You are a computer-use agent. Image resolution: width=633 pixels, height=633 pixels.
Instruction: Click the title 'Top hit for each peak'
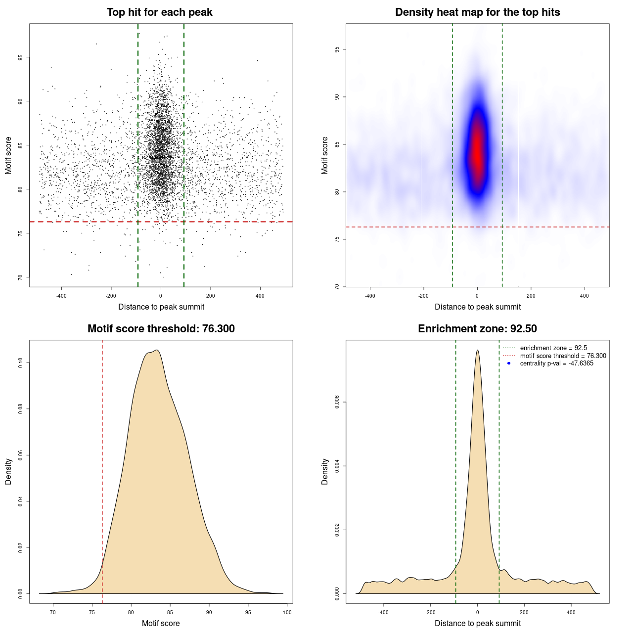pos(160,12)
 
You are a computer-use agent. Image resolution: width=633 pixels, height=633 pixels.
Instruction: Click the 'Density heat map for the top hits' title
pos(477,12)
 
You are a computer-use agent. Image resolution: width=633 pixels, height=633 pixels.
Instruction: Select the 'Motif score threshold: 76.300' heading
pos(161,329)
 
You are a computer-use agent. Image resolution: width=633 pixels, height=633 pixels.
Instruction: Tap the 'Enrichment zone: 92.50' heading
pos(477,329)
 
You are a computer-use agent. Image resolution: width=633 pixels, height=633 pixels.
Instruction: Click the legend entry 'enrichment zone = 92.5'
pos(553,348)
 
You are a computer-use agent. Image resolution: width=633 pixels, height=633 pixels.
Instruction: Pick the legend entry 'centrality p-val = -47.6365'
pos(556,363)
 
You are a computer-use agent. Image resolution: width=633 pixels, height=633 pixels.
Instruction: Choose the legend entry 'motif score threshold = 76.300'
pos(563,356)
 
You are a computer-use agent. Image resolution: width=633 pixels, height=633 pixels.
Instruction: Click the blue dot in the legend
pos(509,363)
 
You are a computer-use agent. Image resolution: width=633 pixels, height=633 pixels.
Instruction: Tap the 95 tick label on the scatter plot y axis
pos(20,57)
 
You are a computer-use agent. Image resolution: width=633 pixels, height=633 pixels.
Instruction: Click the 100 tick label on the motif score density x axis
pos(287,612)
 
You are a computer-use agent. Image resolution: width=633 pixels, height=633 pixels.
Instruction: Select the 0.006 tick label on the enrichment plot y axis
pos(337,403)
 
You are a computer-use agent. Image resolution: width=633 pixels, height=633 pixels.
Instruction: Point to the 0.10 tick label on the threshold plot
pos(20,363)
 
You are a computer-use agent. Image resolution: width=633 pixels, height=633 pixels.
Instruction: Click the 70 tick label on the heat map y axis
pos(337,286)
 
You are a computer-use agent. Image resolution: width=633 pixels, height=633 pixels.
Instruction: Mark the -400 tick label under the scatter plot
pos(61,296)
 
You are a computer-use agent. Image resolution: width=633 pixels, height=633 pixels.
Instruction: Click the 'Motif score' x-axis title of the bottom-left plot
pos(161,623)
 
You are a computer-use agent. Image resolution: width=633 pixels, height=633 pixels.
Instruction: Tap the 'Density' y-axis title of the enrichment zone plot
pos(325,471)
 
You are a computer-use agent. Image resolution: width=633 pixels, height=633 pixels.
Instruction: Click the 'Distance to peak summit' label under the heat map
pos(477,307)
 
